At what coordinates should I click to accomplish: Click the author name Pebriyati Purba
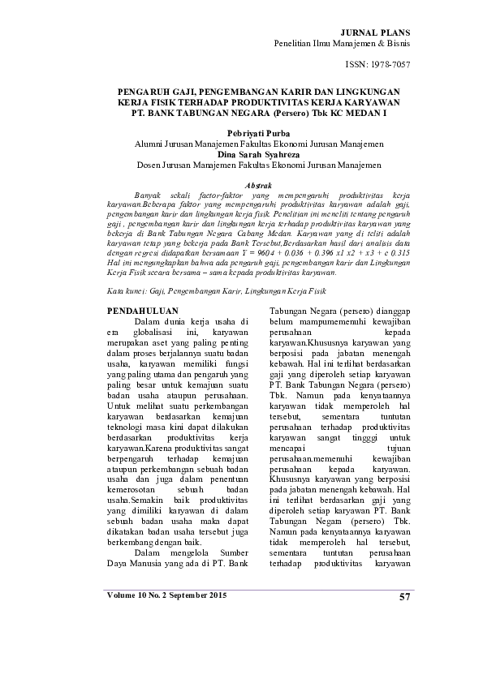(240, 131)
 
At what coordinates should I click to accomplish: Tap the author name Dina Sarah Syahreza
(240, 152)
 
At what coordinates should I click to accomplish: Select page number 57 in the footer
(405, 598)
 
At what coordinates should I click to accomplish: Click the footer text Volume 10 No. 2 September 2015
(167, 596)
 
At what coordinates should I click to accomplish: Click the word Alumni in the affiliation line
(149, 142)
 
